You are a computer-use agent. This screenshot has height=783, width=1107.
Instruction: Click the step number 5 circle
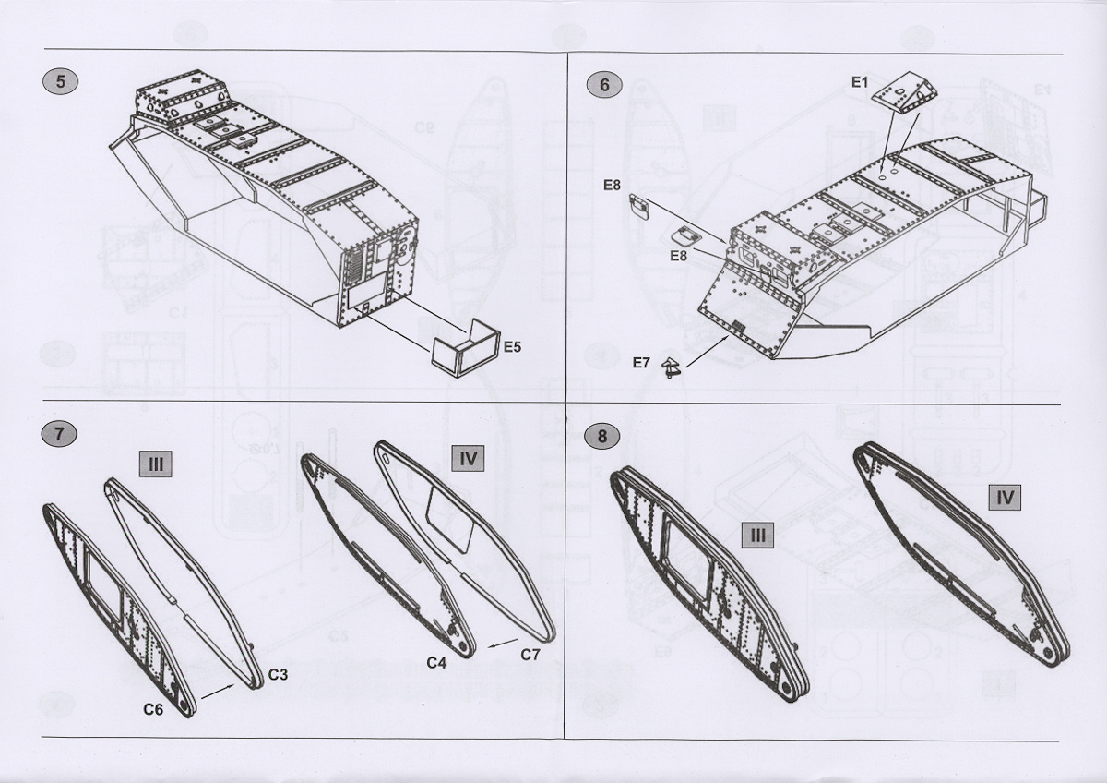pyautogui.click(x=60, y=81)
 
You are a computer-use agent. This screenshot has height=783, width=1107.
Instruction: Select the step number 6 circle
pyautogui.click(x=604, y=85)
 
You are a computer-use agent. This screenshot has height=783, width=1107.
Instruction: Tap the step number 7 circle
pyautogui.click(x=59, y=434)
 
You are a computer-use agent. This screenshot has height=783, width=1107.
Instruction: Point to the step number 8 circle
pyautogui.click(x=601, y=436)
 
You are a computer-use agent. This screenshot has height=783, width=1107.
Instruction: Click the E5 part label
pyautogui.click(x=513, y=347)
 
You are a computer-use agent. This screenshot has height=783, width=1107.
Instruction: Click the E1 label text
pyautogui.click(x=860, y=82)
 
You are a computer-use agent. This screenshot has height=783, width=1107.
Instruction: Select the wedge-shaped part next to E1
pyautogui.click(x=904, y=93)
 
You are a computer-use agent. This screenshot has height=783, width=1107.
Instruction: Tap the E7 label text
pyautogui.click(x=641, y=363)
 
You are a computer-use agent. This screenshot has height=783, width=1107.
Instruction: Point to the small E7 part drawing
pyautogui.click(x=671, y=367)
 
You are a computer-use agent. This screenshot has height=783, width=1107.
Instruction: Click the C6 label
pyautogui.click(x=153, y=709)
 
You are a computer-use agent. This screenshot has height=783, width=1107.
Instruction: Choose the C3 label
pyautogui.click(x=279, y=675)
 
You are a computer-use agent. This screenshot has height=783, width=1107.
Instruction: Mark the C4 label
pyautogui.click(x=437, y=662)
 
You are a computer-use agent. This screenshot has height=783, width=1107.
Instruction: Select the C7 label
pyautogui.click(x=530, y=655)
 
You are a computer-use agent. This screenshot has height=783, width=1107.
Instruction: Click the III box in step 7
pyautogui.click(x=156, y=464)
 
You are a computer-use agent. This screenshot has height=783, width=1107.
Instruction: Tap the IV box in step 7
pyautogui.click(x=468, y=458)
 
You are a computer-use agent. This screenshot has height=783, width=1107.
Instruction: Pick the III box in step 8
pyautogui.click(x=757, y=536)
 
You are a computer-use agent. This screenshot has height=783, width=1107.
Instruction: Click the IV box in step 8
pyautogui.click(x=1005, y=497)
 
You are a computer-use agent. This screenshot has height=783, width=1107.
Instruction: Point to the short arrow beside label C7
pyautogui.click(x=503, y=644)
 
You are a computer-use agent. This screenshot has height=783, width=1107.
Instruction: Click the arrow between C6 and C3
pyautogui.click(x=218, y=691)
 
